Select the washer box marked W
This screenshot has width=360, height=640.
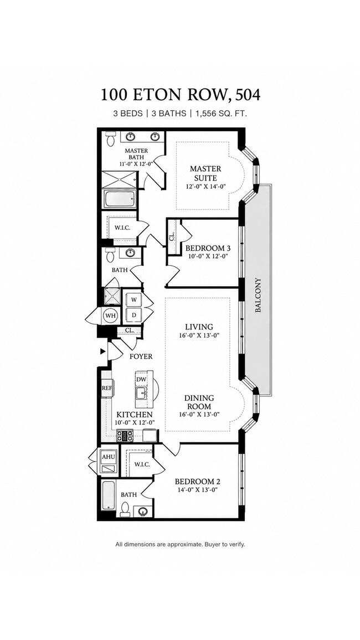tap(133, 300)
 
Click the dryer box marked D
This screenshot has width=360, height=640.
tap(133, 314)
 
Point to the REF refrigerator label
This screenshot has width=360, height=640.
tap(106, 388)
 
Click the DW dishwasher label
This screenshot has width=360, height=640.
tap(141, 380)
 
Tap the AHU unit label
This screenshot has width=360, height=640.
tap(108, 457)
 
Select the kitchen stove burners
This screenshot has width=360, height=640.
tap(125, 436)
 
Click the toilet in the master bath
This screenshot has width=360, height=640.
tap(110, 139)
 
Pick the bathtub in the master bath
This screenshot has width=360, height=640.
tap(120, 200)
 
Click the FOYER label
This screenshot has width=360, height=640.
tap(141, 357)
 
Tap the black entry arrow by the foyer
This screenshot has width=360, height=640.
tap(104, 351)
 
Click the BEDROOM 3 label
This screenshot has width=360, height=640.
tap(205, 248)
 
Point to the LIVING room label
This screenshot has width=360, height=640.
tap(199, 327)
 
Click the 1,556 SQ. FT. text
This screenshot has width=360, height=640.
tap(221, 114)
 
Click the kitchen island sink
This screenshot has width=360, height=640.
tap(141, 394)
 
